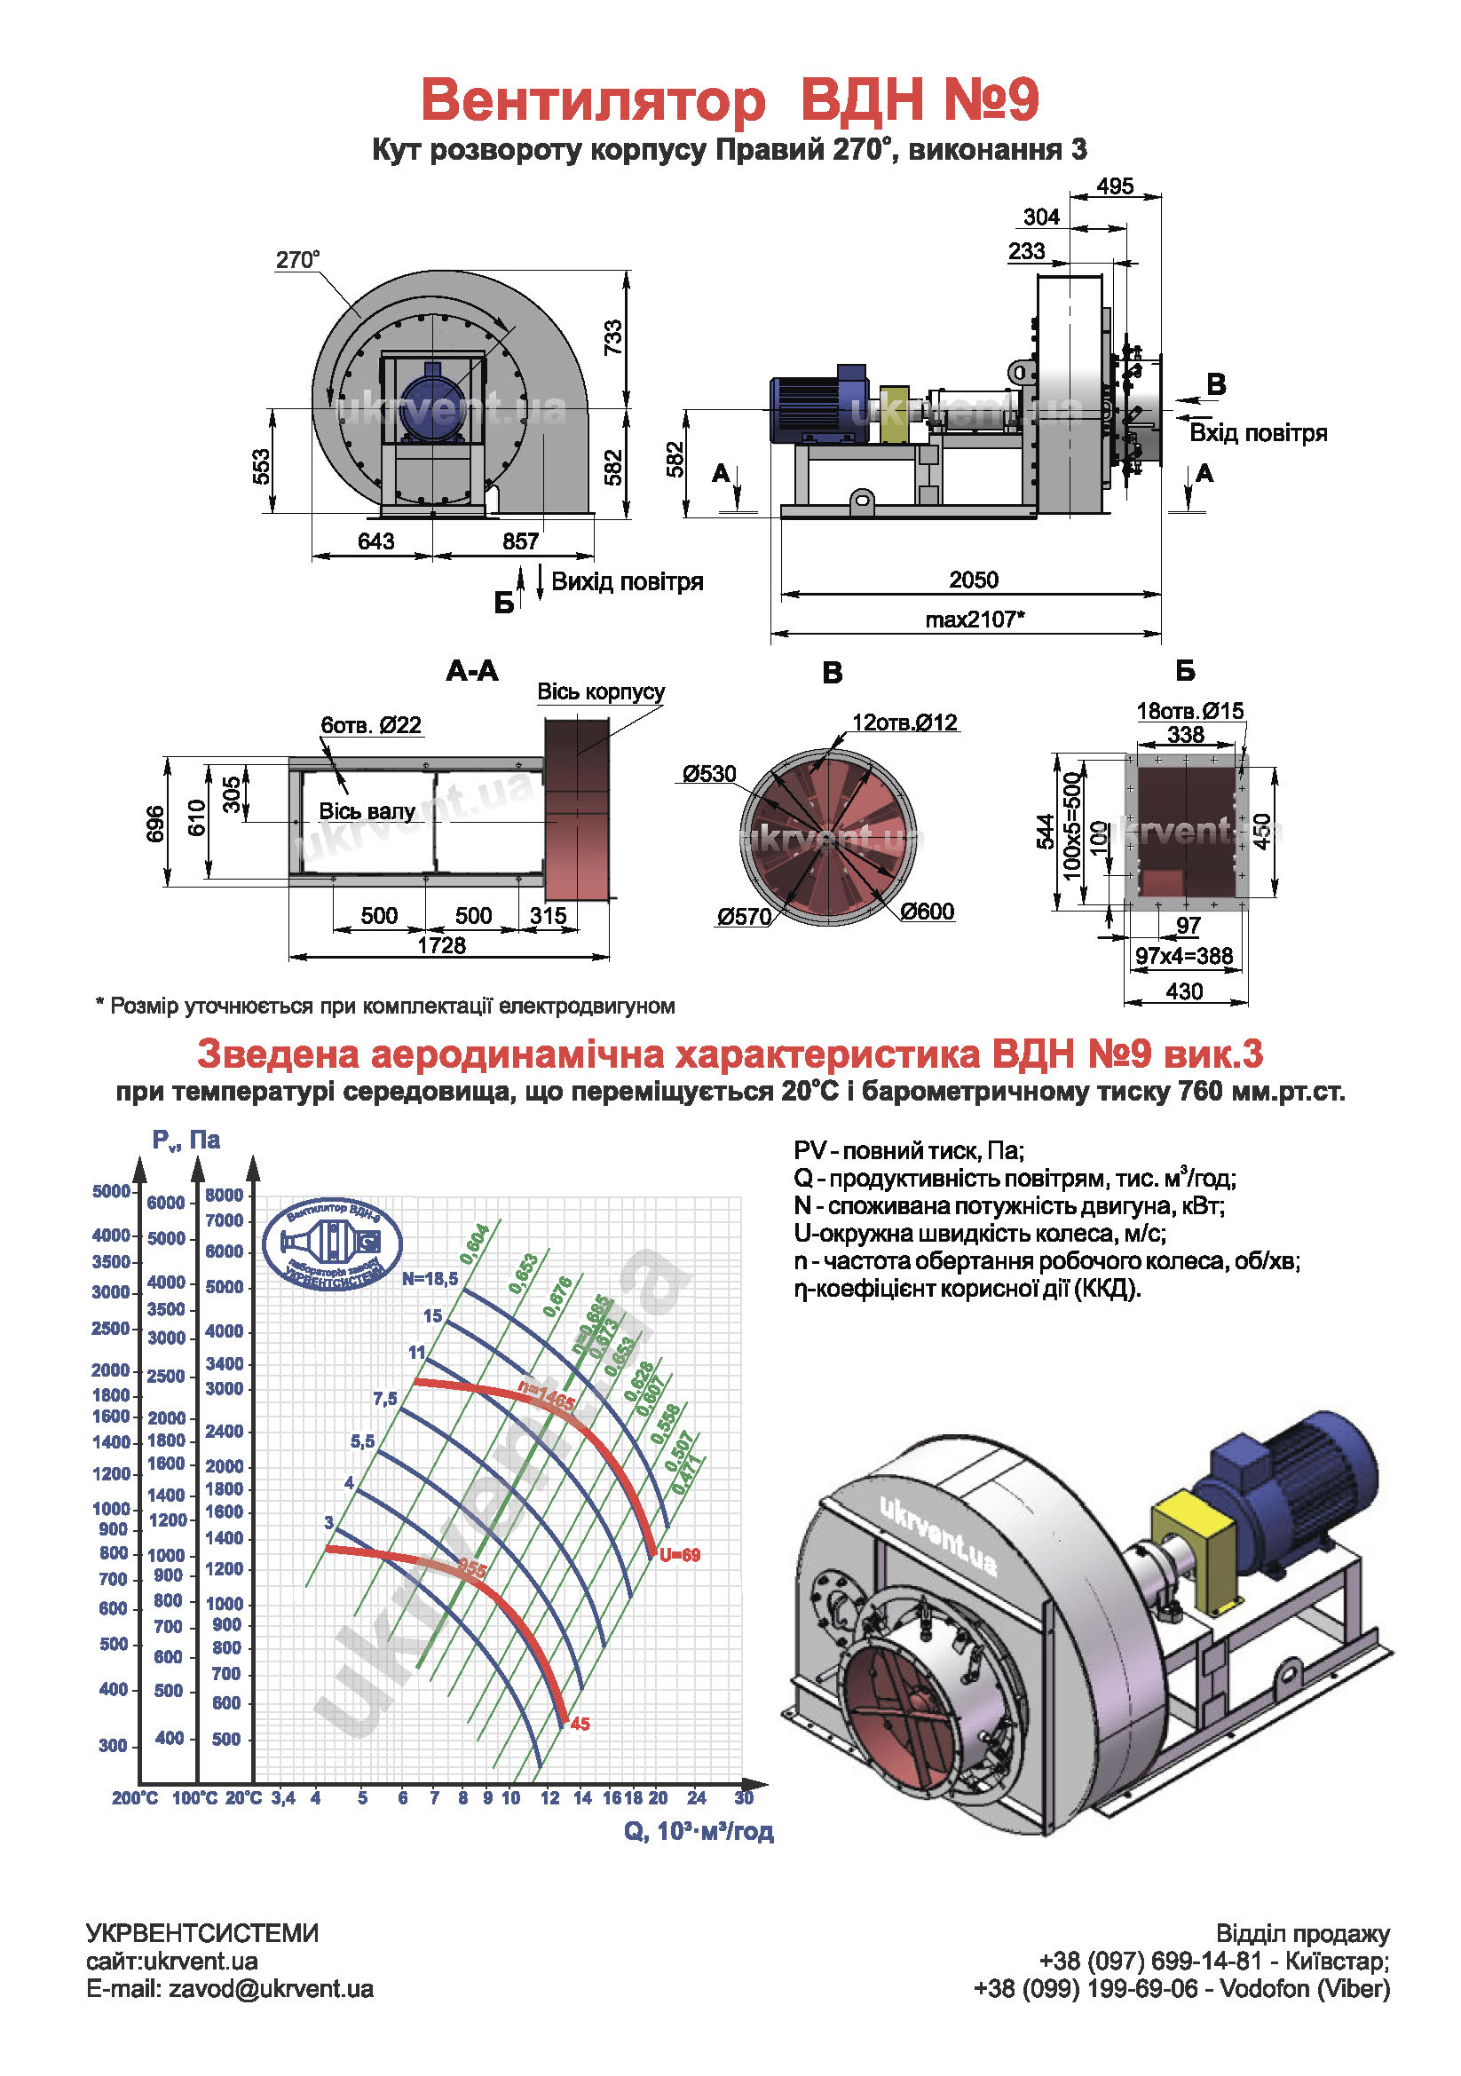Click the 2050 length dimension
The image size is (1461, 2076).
pos(973,580)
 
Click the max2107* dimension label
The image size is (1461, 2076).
pos(975,620)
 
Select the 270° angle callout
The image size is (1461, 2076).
pos(297,260)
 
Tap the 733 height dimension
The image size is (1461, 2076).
pos(614,337)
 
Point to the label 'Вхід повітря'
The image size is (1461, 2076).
pos(1258,433)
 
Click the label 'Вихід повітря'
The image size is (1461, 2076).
pos(627,581)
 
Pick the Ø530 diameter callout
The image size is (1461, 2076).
pos(710,774)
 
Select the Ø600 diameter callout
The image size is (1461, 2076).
pos(927,912)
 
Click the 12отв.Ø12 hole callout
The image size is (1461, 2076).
pos(904,722)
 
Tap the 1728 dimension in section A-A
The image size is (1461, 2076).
pos(441,945)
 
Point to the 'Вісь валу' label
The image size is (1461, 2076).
pos(367,811)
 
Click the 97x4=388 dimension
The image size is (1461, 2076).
pos(1183,956)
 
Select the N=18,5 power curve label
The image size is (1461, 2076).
pos(430,1278)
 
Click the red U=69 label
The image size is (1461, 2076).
pos(680,1555)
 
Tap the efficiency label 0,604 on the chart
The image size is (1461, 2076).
pos(475,1244)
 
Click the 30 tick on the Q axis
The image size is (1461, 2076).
pos(744,1797)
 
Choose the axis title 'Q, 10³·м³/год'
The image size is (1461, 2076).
pos(698,1831)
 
